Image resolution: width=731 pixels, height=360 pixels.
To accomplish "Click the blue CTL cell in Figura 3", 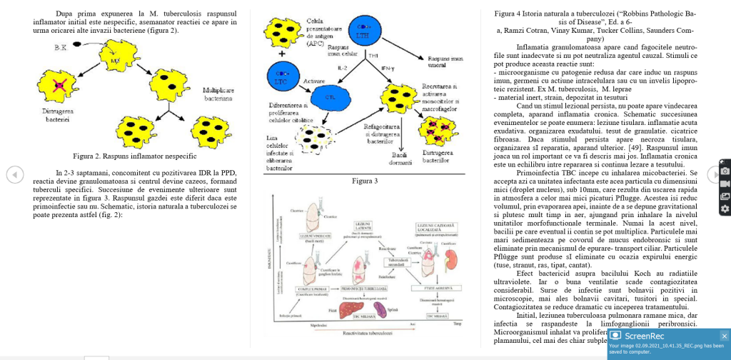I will point(329,96).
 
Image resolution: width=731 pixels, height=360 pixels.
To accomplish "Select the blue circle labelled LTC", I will point(284,77).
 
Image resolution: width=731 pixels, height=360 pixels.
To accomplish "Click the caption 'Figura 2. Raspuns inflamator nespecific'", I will point(134,156).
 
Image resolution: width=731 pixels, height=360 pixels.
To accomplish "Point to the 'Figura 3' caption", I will point(365,181).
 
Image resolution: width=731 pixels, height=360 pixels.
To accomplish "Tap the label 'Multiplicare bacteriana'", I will point(218,94).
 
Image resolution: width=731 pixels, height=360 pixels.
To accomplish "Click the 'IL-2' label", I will point(342,68).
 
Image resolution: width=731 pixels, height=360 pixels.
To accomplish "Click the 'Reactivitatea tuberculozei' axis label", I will point(367,333).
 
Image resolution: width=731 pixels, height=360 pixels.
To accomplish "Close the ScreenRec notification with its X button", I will point(724,336).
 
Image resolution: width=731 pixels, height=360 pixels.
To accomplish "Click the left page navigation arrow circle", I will point(15,174).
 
